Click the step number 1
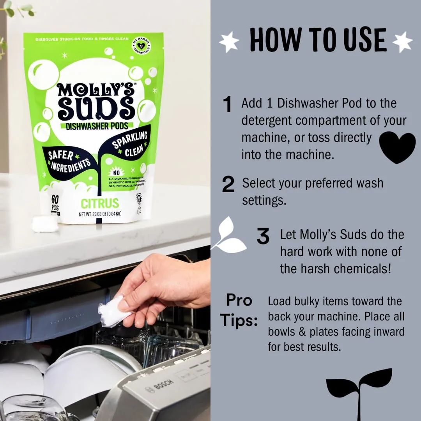(227, 104)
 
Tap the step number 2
(228, 184)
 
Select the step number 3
(263, 236)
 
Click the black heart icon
(397, 147)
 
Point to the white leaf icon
(229, 235)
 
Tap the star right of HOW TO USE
(402, 41)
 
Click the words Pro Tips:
(239, 311)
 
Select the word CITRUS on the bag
(99, 203)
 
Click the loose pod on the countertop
(45, 224)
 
